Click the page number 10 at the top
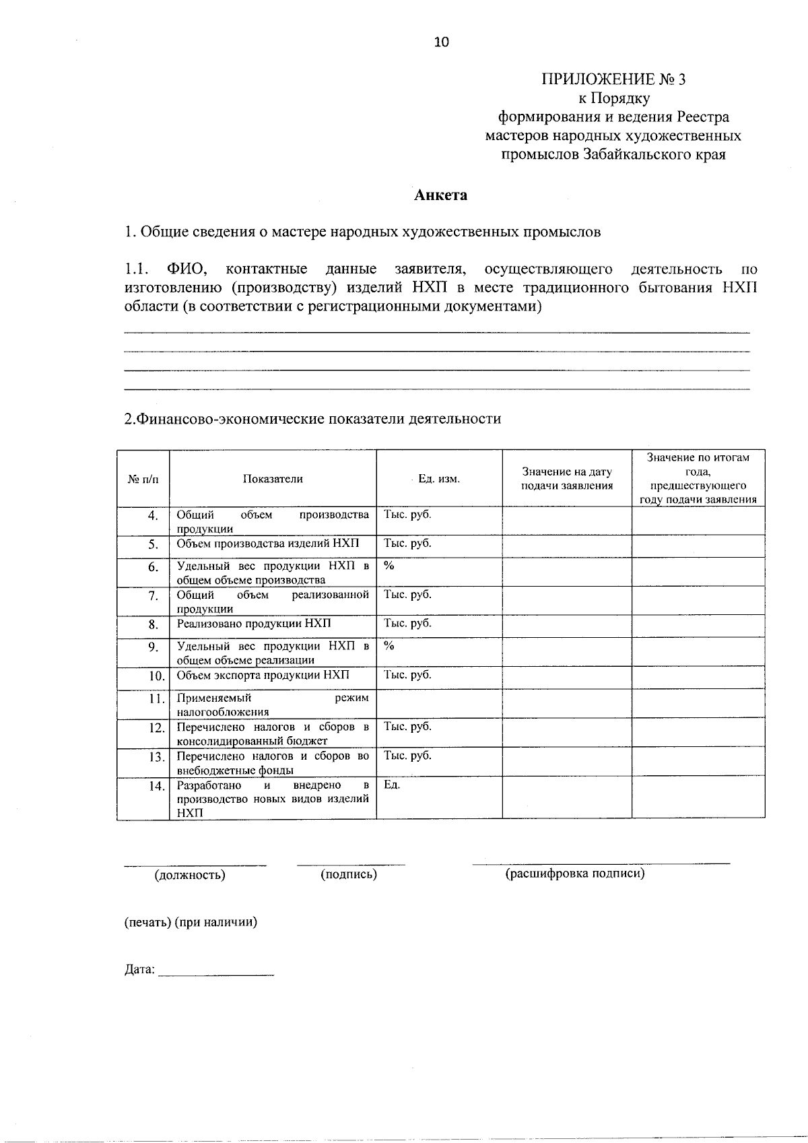(x=441, y=42)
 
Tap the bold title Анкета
(x=440, y=195)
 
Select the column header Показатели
(x=273, y=479)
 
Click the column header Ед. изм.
(x=438, y=479)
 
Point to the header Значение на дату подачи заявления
(x=566, y=479)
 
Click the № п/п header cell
(x=143, y=480)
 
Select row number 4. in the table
(x=153, y=515)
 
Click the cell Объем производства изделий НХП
(x=268, y=544)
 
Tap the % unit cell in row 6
(x=389, y=566)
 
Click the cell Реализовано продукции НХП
(x=254, y=624)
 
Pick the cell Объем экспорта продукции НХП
(x=263, y=675)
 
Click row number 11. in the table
(x=157, y=698)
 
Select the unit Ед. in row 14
(x=392, y=785)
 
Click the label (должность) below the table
(x=190, y=875)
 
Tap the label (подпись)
(x=348, y=874)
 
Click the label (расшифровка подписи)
(x=574, y=874)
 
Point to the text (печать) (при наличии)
(x=191, y=922)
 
